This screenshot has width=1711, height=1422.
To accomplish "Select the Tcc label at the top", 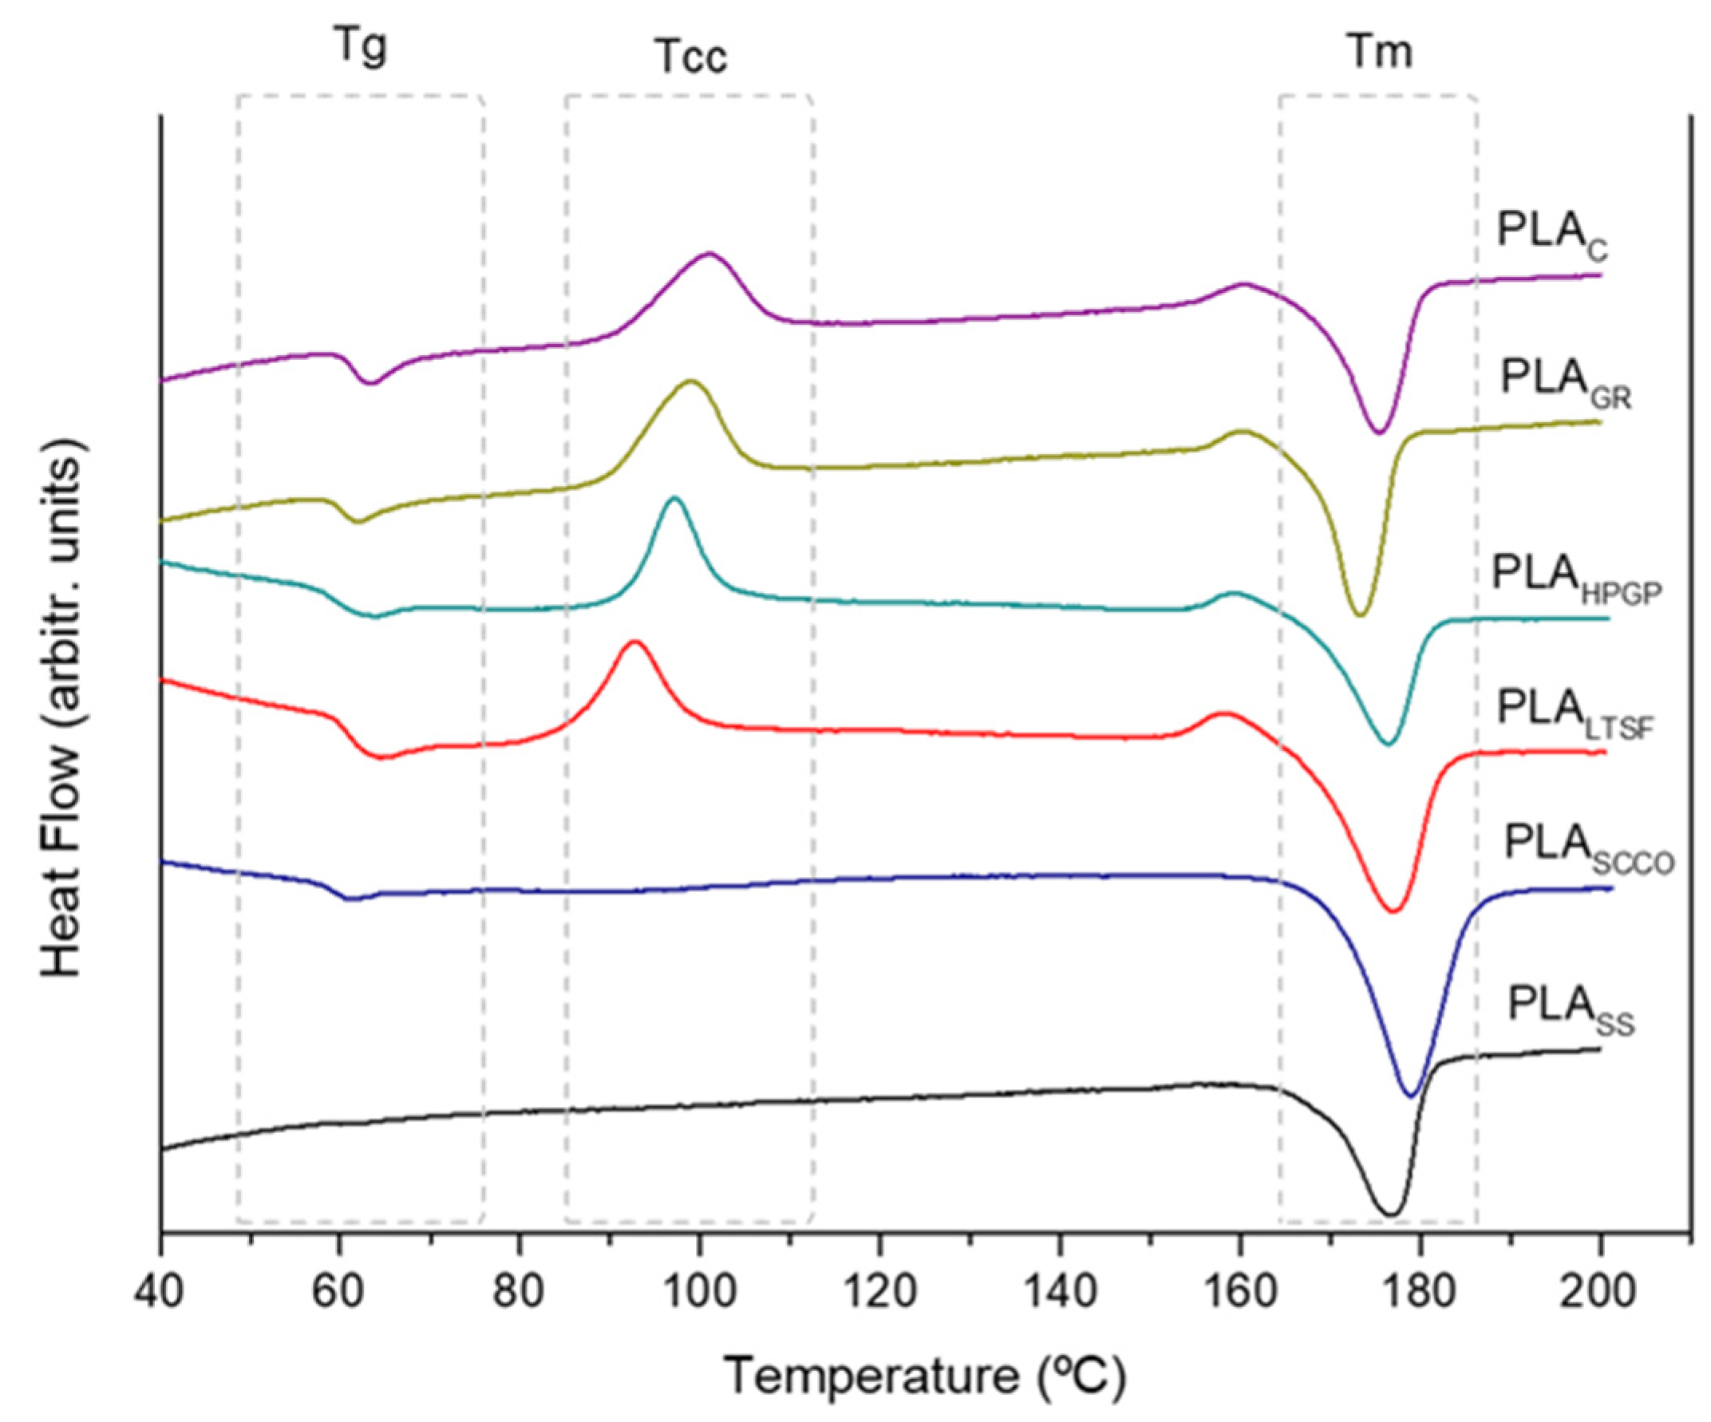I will [691, 59].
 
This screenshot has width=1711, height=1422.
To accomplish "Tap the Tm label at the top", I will [1378, 52].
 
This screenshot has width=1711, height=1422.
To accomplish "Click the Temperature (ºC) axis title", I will [926, 1377].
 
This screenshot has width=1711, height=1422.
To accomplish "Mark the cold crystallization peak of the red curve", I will [634, 642].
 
